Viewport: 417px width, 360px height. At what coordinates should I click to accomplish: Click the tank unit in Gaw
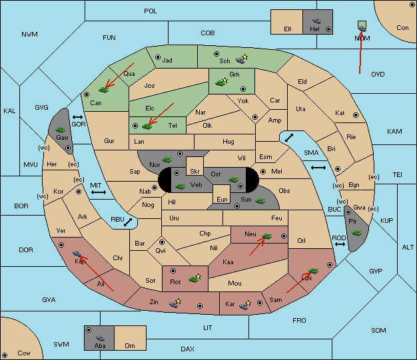[60, 130]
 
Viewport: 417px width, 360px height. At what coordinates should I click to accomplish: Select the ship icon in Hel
[316, 21]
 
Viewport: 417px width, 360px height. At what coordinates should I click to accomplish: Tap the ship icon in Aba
[100, 338]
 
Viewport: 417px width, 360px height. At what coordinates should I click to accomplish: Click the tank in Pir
[356, 233]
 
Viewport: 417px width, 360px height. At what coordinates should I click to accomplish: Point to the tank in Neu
[266, 236]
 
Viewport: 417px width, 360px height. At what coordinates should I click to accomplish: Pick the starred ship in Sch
[242, 59]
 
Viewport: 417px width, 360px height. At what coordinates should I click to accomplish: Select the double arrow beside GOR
[78, 117]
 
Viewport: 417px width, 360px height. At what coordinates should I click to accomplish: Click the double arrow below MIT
[99, 192]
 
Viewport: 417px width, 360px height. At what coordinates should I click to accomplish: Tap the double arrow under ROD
[340, 244]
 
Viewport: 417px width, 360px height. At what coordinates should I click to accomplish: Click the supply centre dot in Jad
[158, 57]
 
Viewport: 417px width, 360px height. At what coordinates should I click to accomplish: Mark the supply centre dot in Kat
[356, 115]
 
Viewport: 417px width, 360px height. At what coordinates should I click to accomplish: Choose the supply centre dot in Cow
[5, 355]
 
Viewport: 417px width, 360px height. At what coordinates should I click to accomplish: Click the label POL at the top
[151, 11]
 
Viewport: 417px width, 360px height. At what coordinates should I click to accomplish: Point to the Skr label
[195, 172]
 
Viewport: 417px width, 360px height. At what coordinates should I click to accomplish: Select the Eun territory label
[222, 199]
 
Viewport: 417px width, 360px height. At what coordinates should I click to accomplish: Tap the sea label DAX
[187, 349]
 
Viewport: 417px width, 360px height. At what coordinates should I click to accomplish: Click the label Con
[402, 28]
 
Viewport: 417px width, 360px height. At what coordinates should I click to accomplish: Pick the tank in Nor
[167, 160]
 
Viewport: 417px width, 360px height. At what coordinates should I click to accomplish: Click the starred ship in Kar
[245, 305]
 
